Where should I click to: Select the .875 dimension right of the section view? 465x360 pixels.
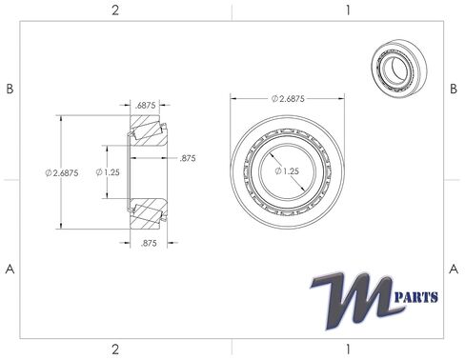(187, 159)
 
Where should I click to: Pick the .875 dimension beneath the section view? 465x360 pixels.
(148, 244)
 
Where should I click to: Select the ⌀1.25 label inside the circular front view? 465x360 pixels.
(288, 170)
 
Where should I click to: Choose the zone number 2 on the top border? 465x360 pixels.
(115, 10)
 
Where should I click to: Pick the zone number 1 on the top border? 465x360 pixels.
(348, 10)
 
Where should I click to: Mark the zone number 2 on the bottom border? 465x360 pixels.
(115, 349)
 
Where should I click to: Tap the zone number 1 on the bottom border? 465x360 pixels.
(348, 349)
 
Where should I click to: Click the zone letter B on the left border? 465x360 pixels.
(10, 89)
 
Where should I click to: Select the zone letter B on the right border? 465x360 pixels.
(455, 89)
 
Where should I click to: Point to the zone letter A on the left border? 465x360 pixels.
(10, 269)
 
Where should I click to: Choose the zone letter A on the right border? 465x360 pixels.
(455, 269)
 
